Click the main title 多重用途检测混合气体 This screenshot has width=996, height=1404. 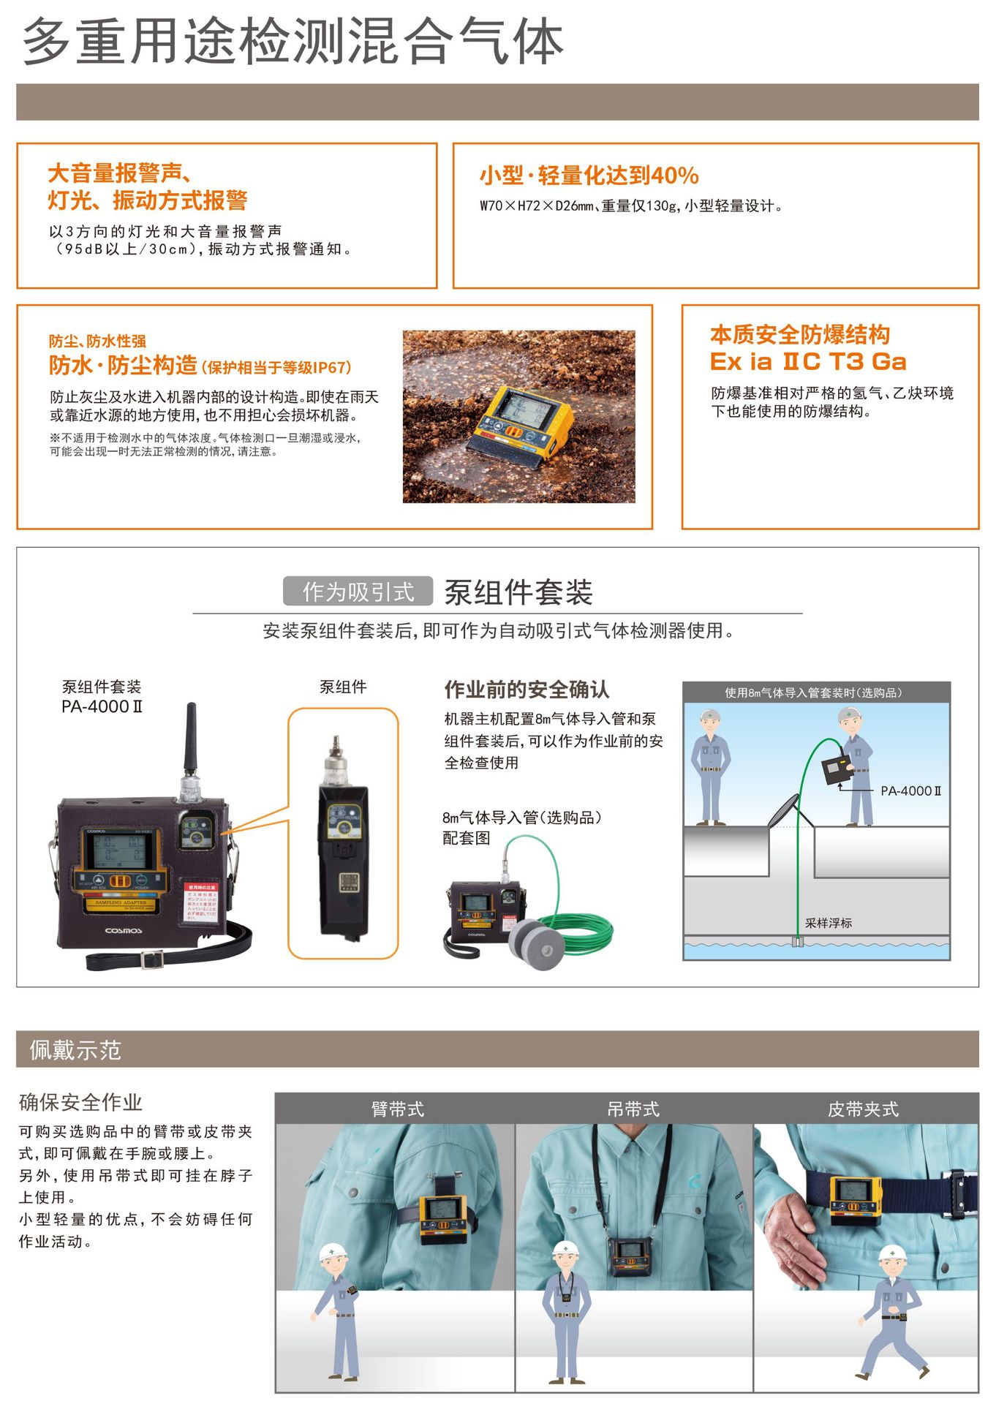pos(293,41)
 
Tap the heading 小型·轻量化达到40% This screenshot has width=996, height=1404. pos(589,175)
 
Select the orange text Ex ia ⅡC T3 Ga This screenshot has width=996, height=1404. pos(808,361)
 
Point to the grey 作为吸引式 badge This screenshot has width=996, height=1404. pos(358,592)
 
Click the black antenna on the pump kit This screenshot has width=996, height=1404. pos(191,739)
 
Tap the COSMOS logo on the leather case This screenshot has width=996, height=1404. pos(124,931)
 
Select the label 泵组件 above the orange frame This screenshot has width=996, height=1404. pos(343,687)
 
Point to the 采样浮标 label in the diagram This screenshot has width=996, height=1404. pos(829,923)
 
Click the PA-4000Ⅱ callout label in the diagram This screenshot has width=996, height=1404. pos(910,790)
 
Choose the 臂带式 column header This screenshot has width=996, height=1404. pos(397,1109)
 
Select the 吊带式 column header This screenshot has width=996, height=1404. pos(633,1109)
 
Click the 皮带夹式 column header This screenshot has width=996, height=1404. pos(863,1109)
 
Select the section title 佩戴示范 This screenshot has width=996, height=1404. pos(75,1050)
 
